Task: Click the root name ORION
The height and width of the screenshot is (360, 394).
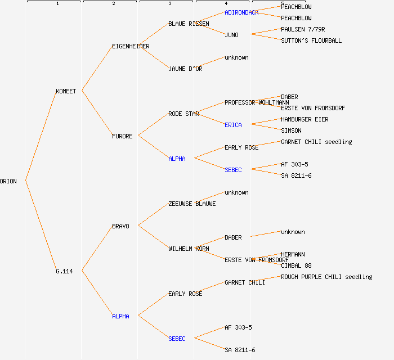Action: click(x=8, y=181)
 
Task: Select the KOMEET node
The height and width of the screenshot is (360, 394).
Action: click(x=66, y=91)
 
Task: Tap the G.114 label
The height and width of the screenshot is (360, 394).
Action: click(x=64, y=271)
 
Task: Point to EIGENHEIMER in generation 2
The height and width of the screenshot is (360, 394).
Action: click(x=131, y=46)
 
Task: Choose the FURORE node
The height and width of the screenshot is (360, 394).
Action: click(x=122, y=136)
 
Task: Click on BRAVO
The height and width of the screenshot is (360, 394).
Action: click(x=120, y=226)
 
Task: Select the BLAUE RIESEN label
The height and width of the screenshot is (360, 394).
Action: click(x=189, y=24)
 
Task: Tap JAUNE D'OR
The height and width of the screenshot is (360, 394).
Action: click(x=185, y=69)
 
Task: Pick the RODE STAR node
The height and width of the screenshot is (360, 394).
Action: click(x=183, y=114)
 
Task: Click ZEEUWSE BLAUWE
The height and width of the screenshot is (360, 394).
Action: click(x=192, y=204)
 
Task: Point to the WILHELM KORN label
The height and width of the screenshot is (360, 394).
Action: click(x=189, y=249)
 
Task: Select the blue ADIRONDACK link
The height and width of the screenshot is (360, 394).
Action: click(x=241, y=12)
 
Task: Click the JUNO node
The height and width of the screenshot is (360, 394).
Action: click(x=231, y=35)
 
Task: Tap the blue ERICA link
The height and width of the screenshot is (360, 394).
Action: click(x=233, y=125)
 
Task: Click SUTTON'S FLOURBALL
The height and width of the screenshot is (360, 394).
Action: click(x=311, y=40)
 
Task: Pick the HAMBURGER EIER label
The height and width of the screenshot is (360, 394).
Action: click(x=305, y=119)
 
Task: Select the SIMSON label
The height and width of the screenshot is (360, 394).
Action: click(x=291, y=130)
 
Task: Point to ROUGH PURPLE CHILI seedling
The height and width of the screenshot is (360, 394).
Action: click(x=326, y=277)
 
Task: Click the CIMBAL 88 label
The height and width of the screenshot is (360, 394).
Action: click(x=296, y=265)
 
